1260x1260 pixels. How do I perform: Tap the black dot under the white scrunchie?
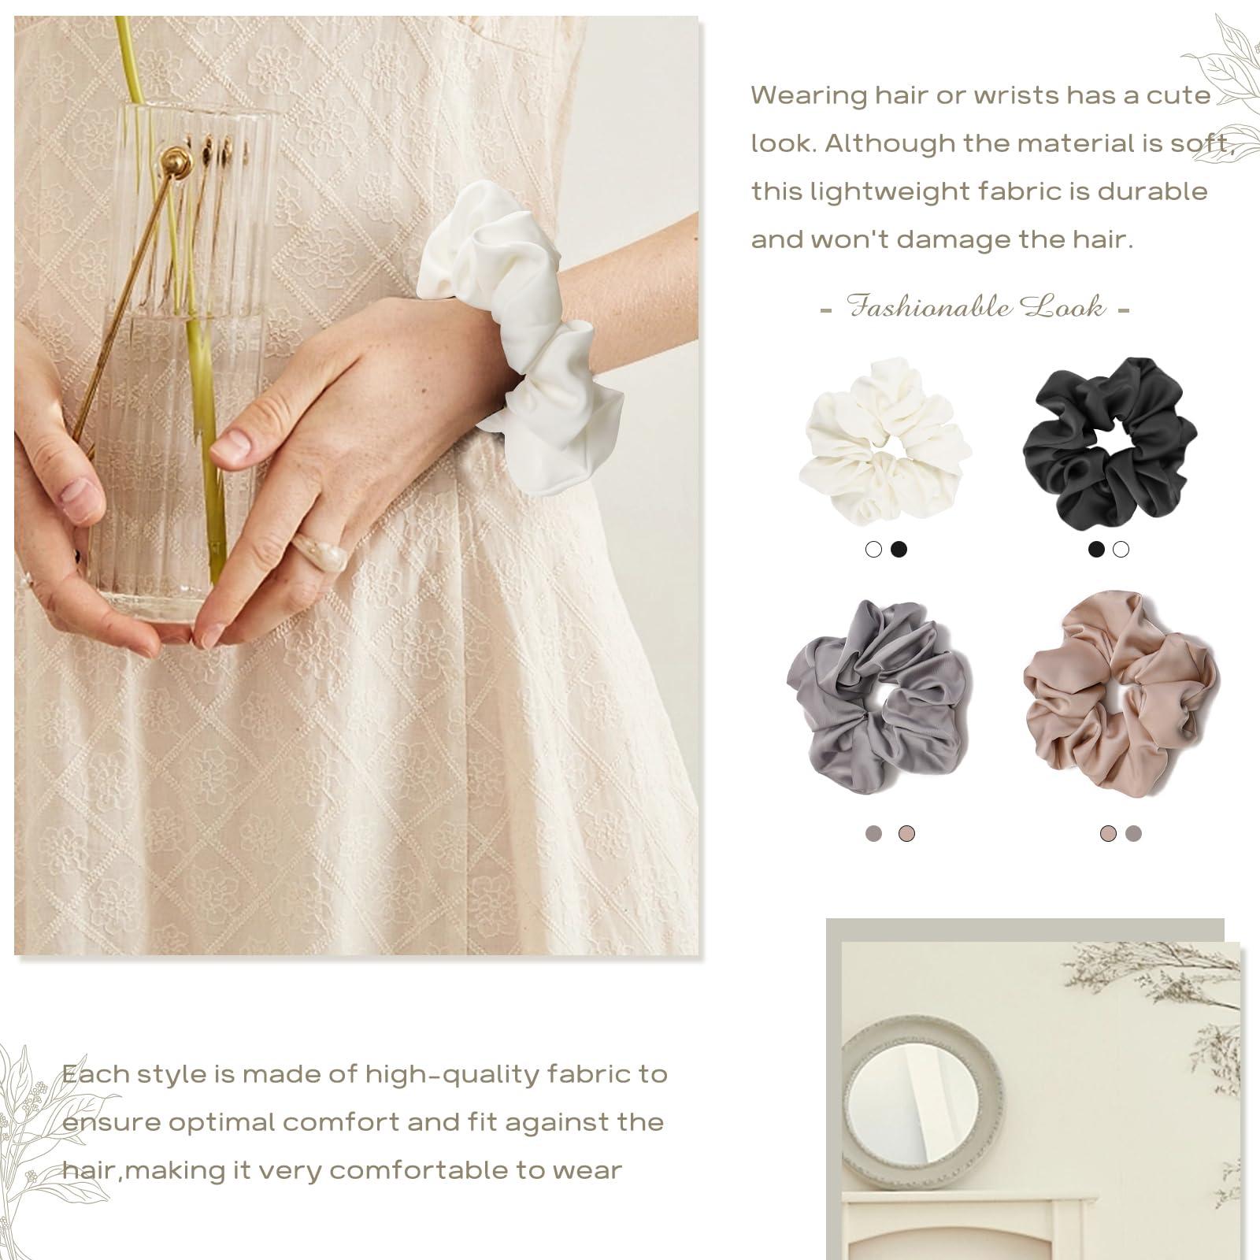899,550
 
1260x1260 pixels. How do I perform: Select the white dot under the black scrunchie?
1121,550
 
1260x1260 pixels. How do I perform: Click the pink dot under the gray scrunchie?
906,834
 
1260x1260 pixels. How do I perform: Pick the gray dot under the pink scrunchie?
1133,834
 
